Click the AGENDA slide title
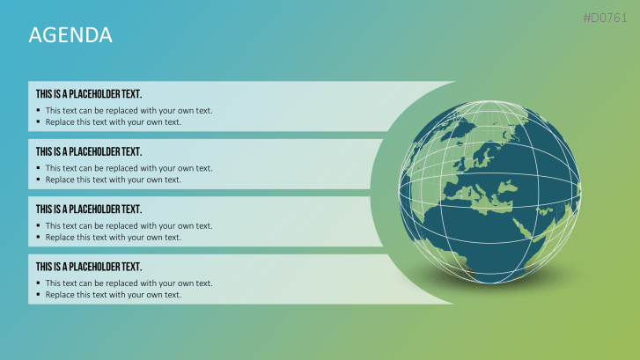click(70, 34)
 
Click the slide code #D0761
click(605, 18)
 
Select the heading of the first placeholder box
click(89, 94)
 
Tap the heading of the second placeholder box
click(89, 151)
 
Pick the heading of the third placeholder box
click(89, 209)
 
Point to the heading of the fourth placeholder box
click(89, 267)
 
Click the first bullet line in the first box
click(129, 111)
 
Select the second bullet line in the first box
click(113, 122)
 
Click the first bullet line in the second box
click(129, 168)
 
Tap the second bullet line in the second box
click(113, 180)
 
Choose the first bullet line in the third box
click(129, 225)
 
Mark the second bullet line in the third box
click(113, 237)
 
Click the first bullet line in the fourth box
click(129, 283)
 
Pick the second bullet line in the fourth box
click(113, 295)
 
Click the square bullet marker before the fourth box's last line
click(38, 294)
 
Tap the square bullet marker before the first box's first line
click(38, 110)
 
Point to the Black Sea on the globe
click(507, 187)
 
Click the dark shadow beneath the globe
click(489, 282)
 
